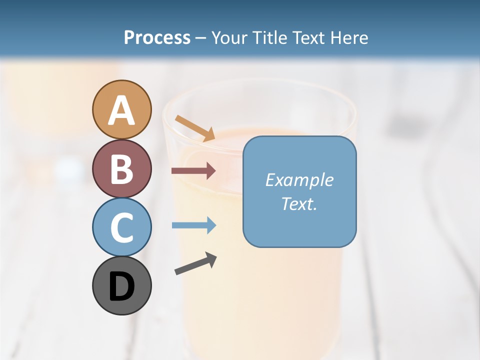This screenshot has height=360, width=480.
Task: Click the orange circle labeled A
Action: click(121, 109)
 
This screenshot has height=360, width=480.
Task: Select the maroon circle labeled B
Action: click(121, 168)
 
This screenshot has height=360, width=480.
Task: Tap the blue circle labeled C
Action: click(121, 227)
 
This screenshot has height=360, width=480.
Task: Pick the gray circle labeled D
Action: click(121, 285)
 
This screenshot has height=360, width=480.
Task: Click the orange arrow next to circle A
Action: click(195, 128)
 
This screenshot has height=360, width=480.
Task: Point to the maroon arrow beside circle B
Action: click(193, 171)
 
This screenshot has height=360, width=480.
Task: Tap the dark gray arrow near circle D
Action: click(195, 263)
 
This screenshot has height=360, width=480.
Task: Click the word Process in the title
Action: click(157, 38)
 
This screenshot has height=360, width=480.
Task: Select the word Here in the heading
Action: click(350, 38)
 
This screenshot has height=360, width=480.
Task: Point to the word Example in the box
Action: click(299, 180)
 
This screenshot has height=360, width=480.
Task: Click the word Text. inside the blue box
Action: click(299, 203)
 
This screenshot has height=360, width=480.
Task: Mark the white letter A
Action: click(121, 111)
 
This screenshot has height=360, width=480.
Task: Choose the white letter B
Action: click(121, 169)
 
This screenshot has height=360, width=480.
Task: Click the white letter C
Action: click(121, 227)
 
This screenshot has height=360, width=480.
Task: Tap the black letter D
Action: click(121, 286)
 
